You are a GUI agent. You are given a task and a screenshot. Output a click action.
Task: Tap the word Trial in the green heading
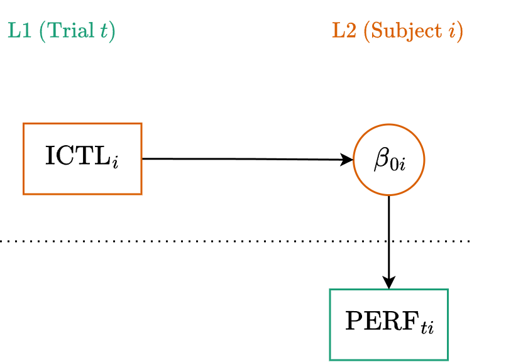tap(69, 31)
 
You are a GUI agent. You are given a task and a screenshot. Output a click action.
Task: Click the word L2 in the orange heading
tap(344, 31)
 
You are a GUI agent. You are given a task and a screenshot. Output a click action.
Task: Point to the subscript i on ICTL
tap(115, 162)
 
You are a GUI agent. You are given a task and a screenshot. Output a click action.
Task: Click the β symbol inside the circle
tap(381, 159)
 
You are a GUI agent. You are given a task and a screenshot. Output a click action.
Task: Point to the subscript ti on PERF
tap(427, 327)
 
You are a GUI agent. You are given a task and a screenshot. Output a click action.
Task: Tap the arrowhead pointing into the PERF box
tap(389, 283)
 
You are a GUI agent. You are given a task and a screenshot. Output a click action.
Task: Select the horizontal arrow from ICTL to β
tap(245, 159)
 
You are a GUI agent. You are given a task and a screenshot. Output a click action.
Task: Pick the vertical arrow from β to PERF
tap(389, 239)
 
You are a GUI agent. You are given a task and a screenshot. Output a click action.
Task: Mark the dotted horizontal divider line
tap(189, 241)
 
